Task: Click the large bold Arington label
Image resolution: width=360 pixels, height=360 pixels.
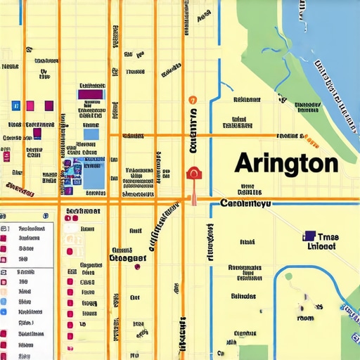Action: [x=285, y=163]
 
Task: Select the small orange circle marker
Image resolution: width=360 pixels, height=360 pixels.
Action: [x=192, y=100]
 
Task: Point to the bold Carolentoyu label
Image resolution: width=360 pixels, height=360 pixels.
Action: [x=245, y=204]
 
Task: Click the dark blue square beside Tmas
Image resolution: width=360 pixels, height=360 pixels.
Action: [x=309, y=237]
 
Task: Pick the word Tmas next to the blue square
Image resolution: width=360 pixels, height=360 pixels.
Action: [x=328, y=237]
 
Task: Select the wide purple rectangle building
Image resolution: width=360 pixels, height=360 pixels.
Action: [x=91, y=94]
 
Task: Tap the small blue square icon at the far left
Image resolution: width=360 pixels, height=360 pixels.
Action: [x=15, y=105]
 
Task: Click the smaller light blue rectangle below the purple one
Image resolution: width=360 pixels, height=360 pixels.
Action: [x=91, y=133]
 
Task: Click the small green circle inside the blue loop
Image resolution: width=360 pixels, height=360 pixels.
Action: [x=288, y=276]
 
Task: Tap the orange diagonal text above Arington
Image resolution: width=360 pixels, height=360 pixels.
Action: [x=288, y=136]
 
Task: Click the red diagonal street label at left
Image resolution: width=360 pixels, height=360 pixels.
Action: [x=19, y=188]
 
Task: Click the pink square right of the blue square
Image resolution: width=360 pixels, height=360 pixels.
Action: [x=30, y=105]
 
